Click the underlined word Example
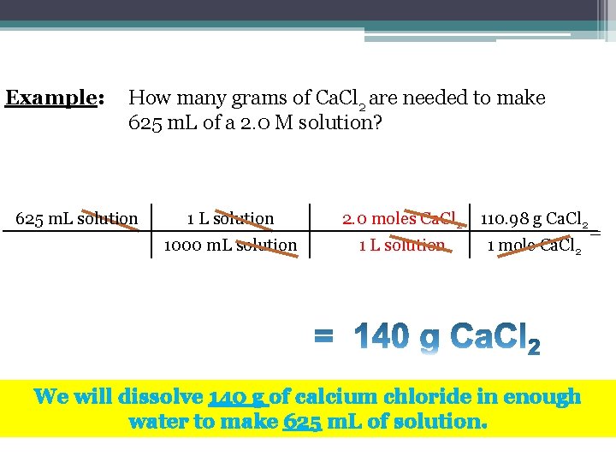[52, 98]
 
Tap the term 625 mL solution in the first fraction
[77, 219]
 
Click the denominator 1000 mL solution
[230, 246]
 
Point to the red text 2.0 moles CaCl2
[402, 220]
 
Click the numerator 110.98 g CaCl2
[535, 220]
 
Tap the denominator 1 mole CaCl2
[535, 246]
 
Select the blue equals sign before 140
[324, 337]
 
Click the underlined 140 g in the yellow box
[238, 397]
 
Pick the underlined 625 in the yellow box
[301, 422]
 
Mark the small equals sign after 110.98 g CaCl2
[595, 232]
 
